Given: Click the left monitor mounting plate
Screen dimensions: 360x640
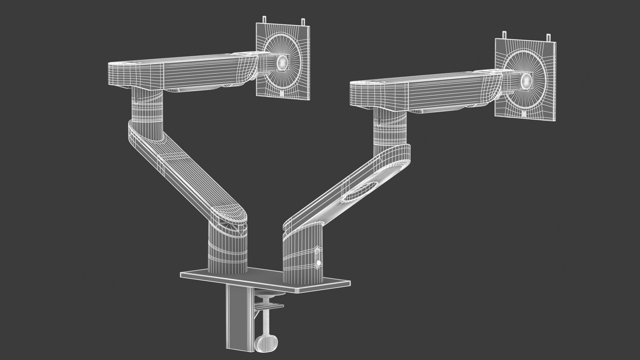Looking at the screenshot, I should pyautogui.click(x=298, y=83).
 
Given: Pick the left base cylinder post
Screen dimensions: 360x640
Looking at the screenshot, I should pyautogui.click(x=228, y=247).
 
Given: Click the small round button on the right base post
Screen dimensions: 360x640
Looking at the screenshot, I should pyautogui.click(x=318, y=263).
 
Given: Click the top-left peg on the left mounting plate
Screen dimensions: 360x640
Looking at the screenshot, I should pyautogui.click(x=264, y=19).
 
